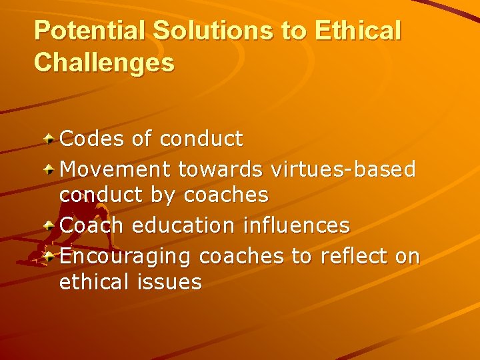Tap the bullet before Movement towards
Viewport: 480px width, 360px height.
click(50, 168)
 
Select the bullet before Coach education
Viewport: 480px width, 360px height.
click(50, 225)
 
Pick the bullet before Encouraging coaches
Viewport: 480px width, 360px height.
click(50, 255)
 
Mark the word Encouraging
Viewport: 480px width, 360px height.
click(126, 255)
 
